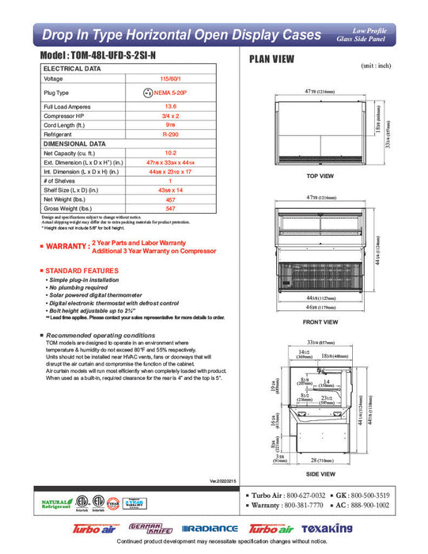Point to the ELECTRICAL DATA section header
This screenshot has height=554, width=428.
coord(72,69)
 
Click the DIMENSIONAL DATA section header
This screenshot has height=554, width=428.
coord(74,144)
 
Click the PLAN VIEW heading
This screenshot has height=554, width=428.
coord(272,59)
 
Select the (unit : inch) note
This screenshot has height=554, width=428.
coord(377,66)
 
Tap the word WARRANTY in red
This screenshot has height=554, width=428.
coord(67,247)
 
